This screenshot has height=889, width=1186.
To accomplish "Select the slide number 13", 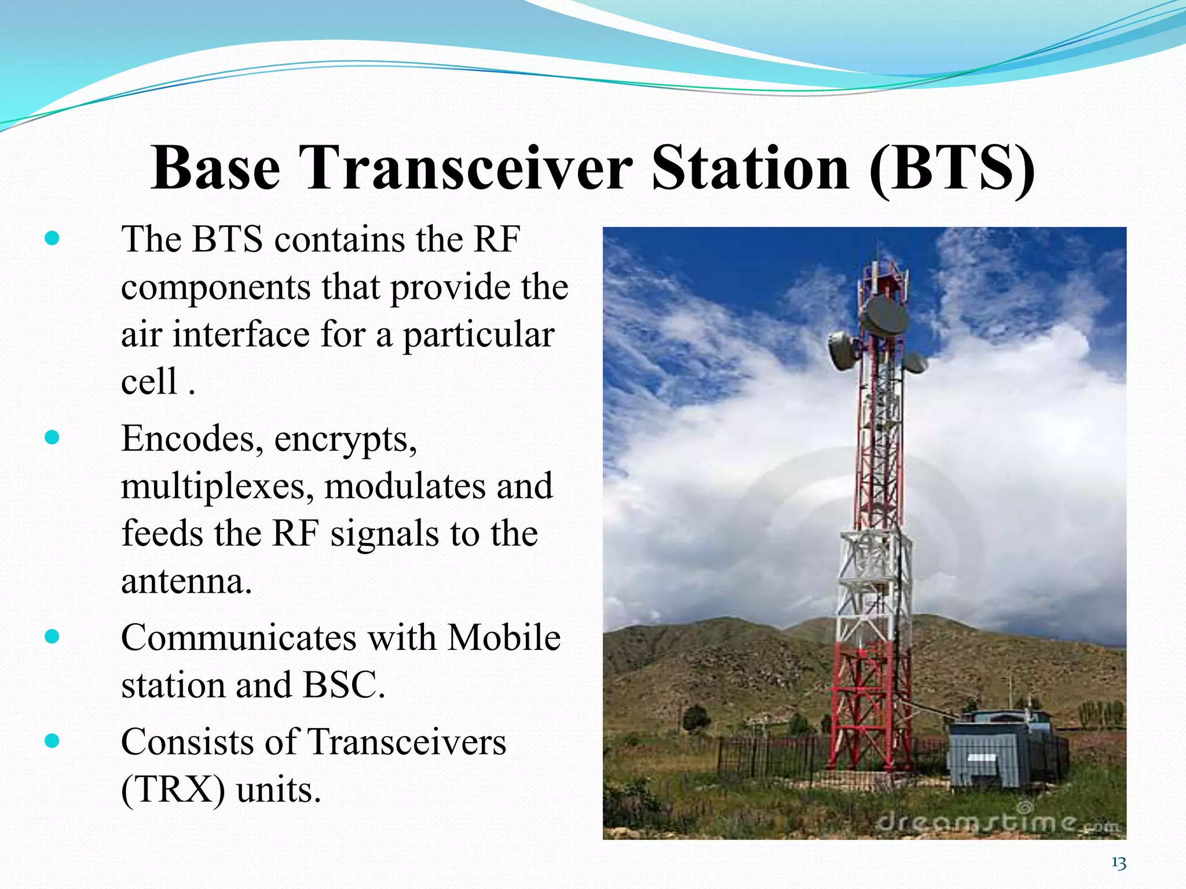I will pos(1118,864).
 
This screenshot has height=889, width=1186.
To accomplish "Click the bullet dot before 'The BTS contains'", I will pos(52,238).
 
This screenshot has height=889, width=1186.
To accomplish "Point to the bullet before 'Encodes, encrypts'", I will pos(52,438).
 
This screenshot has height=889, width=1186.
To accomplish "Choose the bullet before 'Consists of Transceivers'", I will pos(52,741).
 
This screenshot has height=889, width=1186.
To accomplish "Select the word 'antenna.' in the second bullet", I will pos(186,582).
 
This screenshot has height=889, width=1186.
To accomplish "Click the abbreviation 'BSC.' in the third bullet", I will pos(344,685).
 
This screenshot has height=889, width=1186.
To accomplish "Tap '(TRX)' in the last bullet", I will pos(173,789).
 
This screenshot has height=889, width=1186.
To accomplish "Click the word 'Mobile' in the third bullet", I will pos(504,638).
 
